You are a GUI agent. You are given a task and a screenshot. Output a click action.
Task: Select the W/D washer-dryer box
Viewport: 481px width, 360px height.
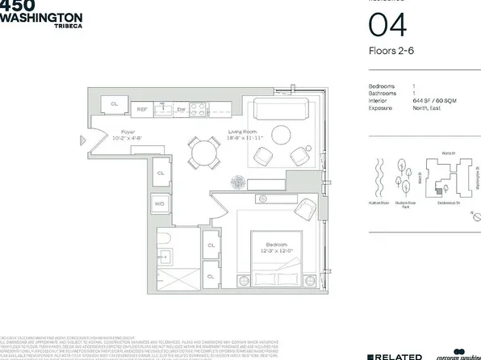pos(160,203)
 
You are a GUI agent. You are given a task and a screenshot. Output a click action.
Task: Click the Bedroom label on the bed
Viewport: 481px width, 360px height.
pos(278,244)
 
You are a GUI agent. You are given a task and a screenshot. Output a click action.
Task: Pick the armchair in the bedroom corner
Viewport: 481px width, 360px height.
pos(305,208)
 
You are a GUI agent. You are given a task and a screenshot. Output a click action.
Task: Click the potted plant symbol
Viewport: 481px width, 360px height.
pos(238,182)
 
